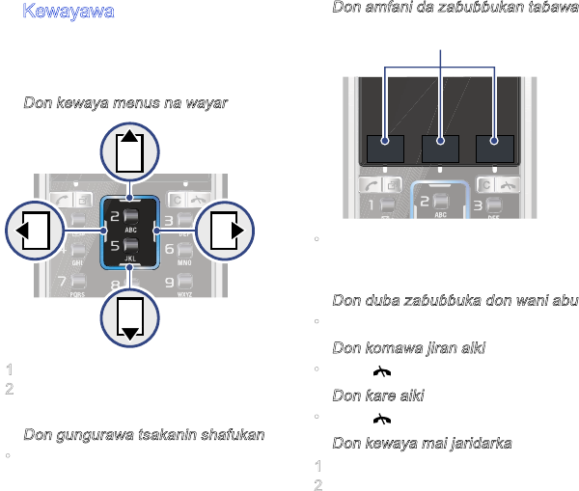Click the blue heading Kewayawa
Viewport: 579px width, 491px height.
[69, 13]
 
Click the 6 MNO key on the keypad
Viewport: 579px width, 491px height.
[178, 252]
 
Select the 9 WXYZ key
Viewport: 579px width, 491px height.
[178, 285]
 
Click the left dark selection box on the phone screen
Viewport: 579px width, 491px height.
[385, 149]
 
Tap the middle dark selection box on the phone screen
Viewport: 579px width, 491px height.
[440, 149]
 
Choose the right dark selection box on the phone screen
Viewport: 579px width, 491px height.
[495, 149]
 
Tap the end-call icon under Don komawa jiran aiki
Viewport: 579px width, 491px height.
[383, 371]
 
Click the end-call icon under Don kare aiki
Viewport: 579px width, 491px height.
[383, 419]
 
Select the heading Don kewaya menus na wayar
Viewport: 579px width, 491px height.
[125, 102]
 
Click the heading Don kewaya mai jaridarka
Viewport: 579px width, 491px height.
[422, 443]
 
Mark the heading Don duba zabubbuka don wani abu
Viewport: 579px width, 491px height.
[455, 300]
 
